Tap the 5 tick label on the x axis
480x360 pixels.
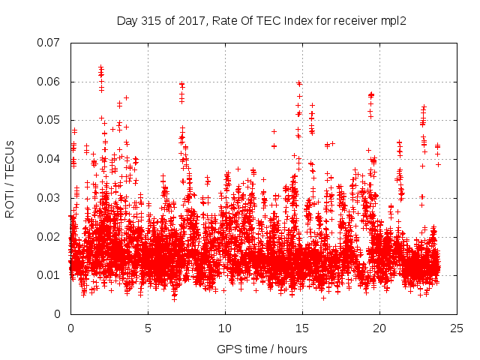coord(148,328)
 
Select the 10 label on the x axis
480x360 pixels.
coord(225,328)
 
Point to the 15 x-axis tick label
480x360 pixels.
coord(302,328)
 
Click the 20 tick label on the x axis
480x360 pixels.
coord(379,328)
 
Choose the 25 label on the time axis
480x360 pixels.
coord(457,328)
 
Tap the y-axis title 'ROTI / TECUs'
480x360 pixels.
coord(10,178)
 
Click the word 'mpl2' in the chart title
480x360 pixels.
coord(393,20)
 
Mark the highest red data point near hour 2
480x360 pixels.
coord(101,67)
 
